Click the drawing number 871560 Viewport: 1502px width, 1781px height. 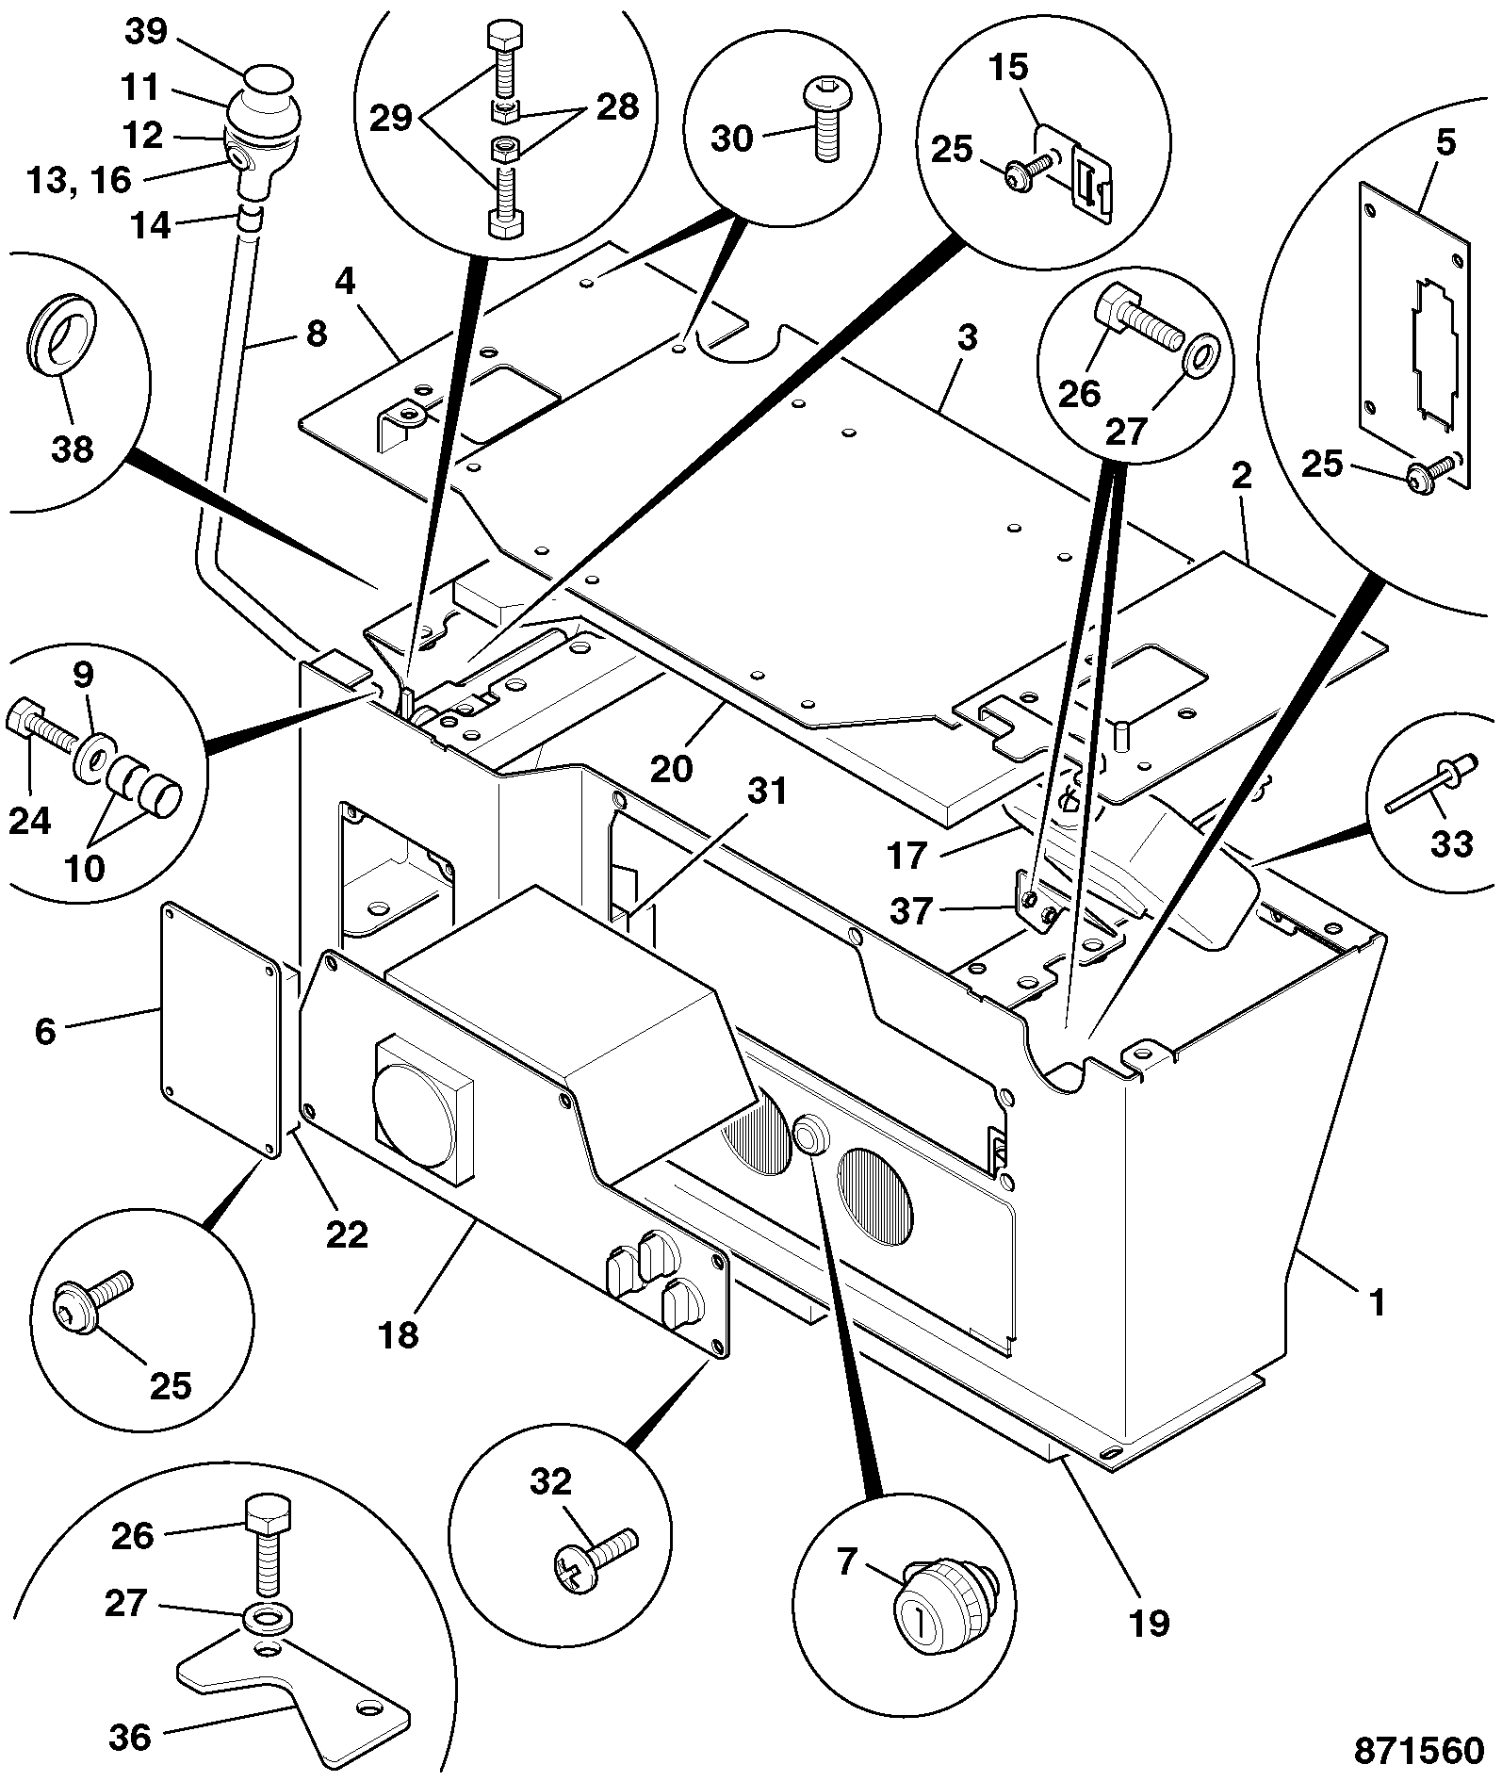pos(1419,1750)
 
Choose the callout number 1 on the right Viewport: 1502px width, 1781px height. pos(1377,1302)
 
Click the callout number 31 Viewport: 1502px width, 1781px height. pos(767,792)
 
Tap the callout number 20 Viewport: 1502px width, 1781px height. pos(672,768)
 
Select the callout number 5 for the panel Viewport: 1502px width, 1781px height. pos(1446,142)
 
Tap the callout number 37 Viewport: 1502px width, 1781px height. pos(911,910)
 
